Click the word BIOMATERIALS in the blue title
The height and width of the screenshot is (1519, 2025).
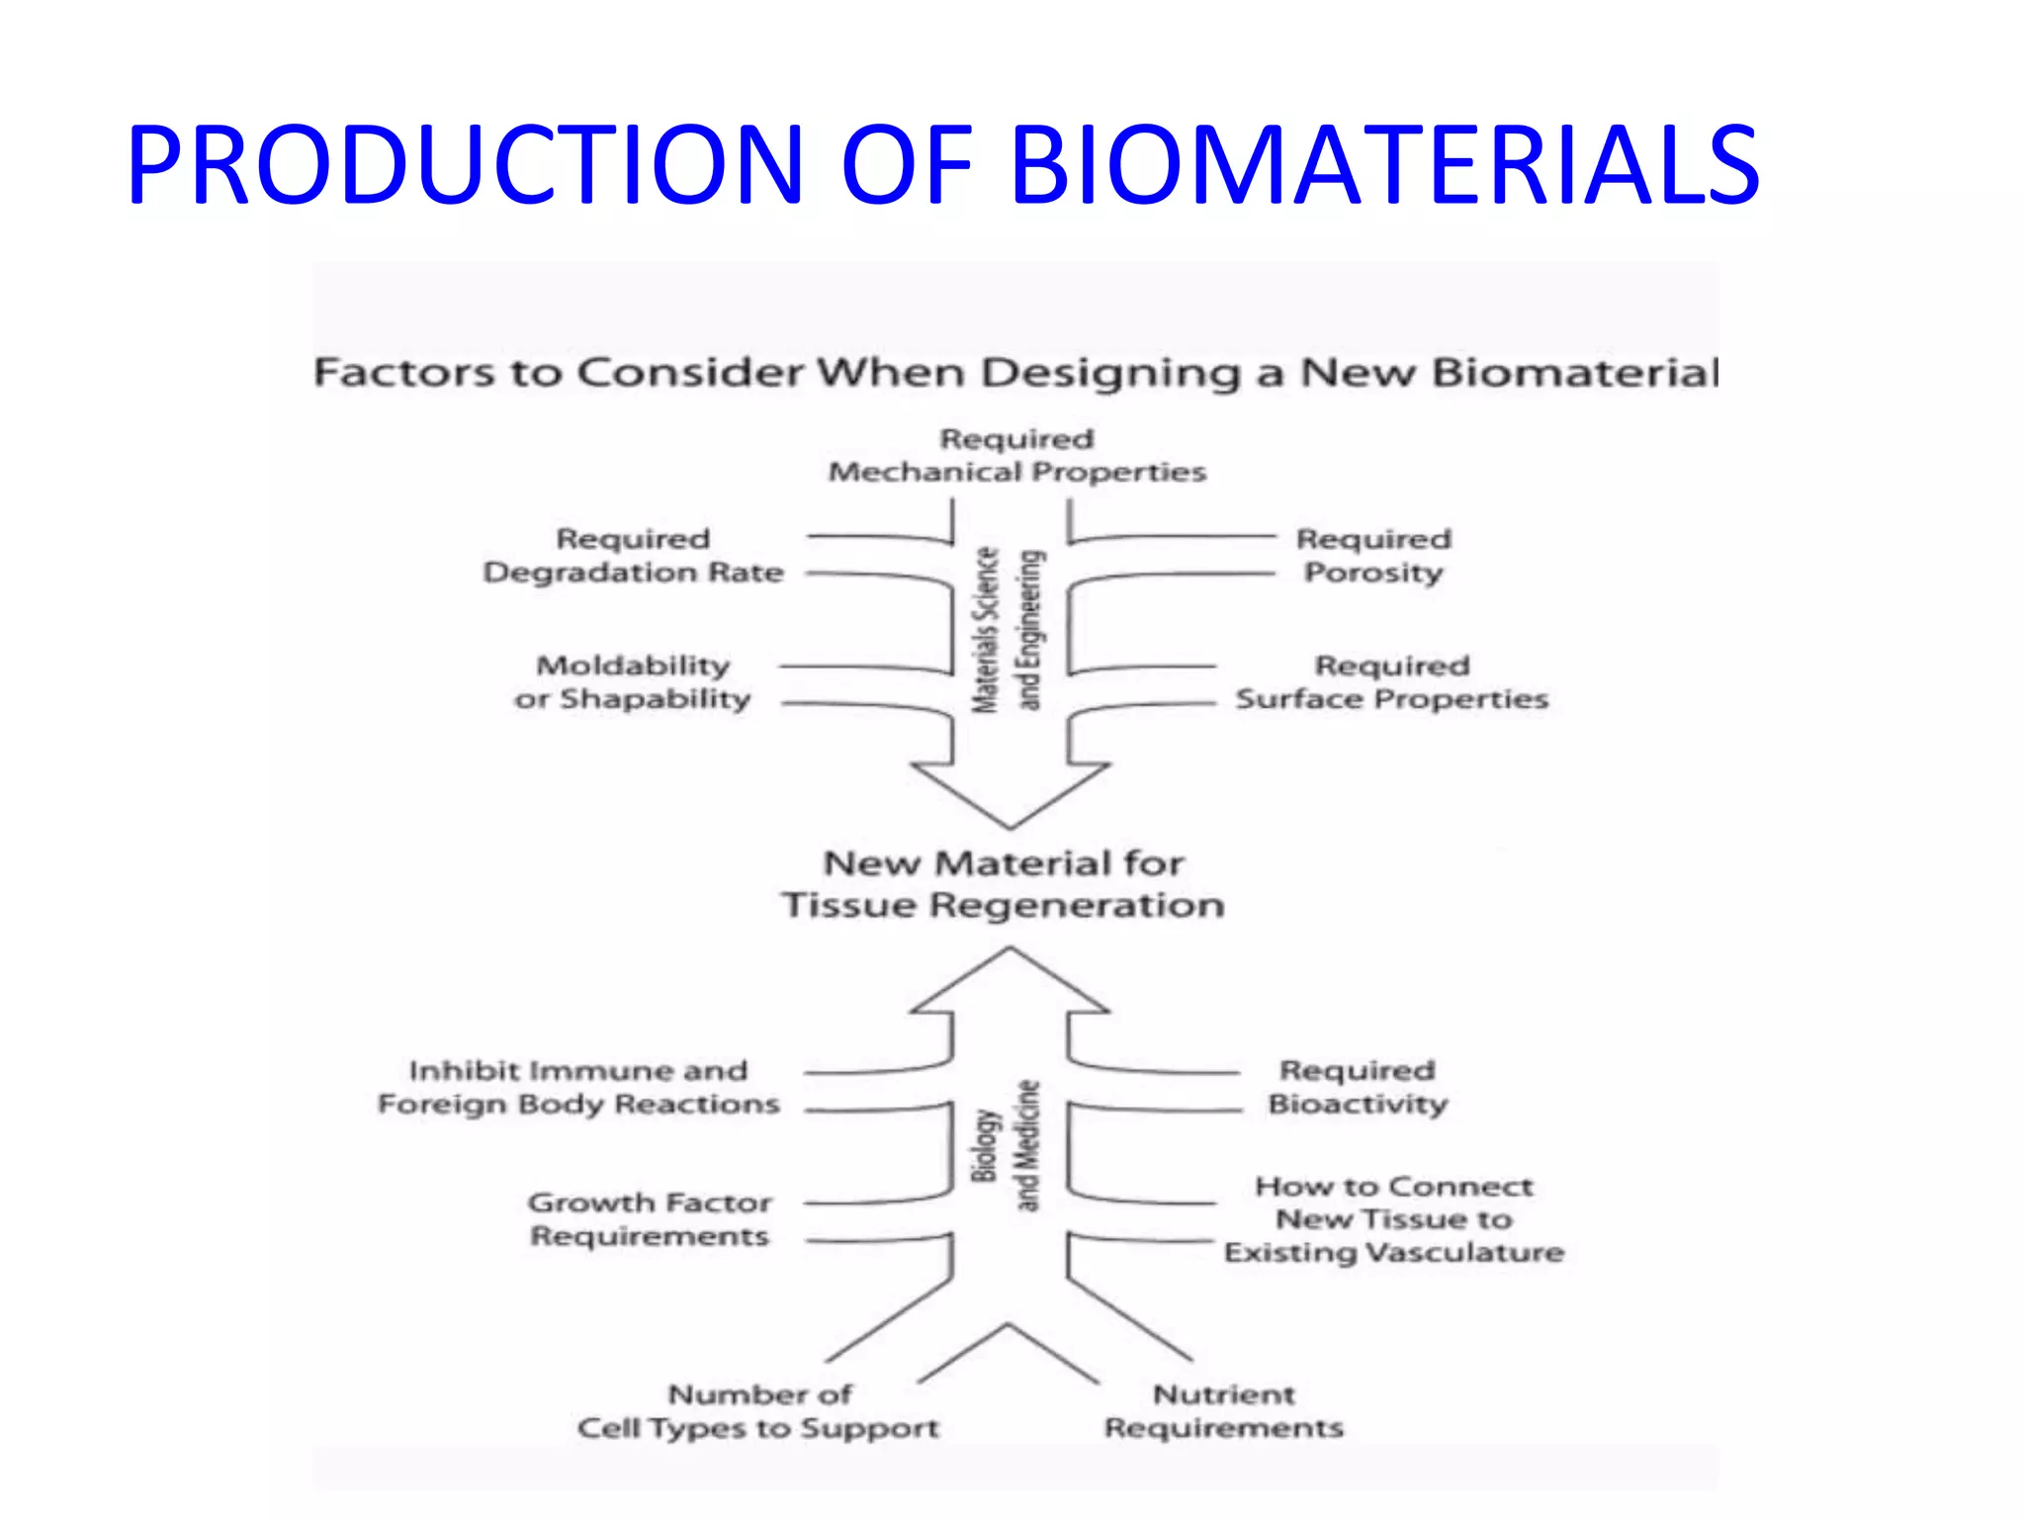click(x=1384, y=165)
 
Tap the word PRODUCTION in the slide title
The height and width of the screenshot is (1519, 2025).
click(x=465, y=165)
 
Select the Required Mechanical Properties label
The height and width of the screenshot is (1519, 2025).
click(x=1016, y=456)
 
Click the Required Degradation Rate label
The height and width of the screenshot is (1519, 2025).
click(x=633, y=556)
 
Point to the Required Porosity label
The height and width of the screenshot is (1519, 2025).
click(x=1373, y=556)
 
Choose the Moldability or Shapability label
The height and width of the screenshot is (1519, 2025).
click(x=633, y=682)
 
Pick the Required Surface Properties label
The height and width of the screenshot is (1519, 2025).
click(x=1391, y=682)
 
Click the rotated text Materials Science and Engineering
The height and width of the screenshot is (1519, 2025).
click(x=1009, y=630)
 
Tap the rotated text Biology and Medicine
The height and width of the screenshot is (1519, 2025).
click(x=1007, y=1145)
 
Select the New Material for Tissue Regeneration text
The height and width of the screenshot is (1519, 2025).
click(x=1004, y=884)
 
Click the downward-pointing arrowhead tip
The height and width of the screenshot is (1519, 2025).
click(x=1010, y=823)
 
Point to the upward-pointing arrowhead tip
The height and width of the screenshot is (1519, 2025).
click(x=1010, y=951)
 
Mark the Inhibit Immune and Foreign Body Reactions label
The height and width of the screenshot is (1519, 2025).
click(x=578, y=1087)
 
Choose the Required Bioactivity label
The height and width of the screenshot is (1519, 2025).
click(x=1358, y=1087)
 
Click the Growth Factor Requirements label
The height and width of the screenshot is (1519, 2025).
click(x=650, y=1219)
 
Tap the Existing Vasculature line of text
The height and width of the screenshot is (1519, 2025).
click(x=1394, y=1253)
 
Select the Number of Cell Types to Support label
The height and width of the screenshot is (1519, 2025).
click(x=758, y=1411)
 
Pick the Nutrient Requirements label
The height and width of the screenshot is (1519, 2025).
click(x=1224, y=1411)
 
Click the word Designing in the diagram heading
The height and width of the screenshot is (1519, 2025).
click(x=1110, y=374)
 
